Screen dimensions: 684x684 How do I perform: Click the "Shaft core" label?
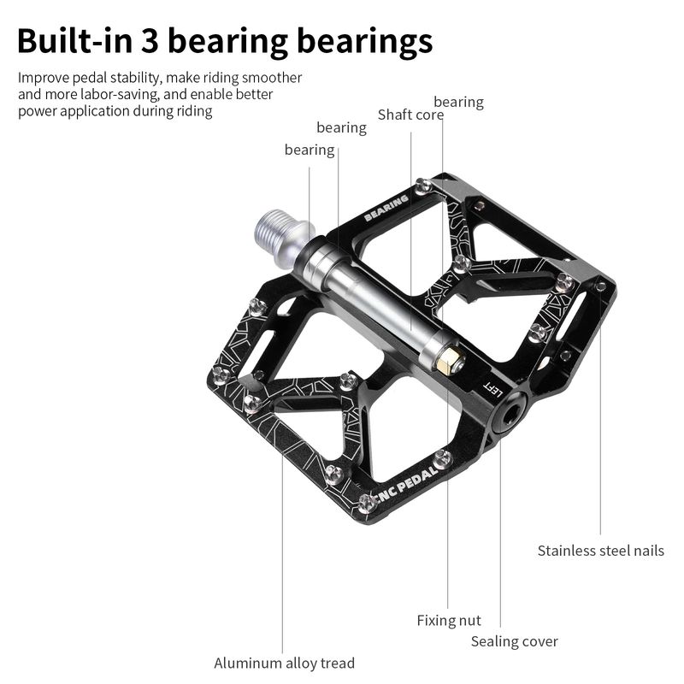(x=410, y=115)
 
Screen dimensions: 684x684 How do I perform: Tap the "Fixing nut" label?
(x=449, y=621)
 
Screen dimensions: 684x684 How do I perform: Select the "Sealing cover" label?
(x=515, y=641)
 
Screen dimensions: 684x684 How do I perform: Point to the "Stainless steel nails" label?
(x=601, y=551)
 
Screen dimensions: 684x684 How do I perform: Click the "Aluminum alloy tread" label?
(x=284, y=663)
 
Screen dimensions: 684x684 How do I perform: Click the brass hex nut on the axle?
(x=450, y=359)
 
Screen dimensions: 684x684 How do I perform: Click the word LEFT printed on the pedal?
(x=493, y=389)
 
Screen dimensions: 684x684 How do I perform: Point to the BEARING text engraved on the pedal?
(x=386, y=208)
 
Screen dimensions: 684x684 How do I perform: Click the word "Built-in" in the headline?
(x=74, y=41)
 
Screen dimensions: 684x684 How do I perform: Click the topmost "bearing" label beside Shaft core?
(x=458, y=102)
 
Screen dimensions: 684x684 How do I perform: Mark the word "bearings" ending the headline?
(x=365, y=42)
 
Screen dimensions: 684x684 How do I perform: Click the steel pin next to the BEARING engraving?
(x=422, y=186)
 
